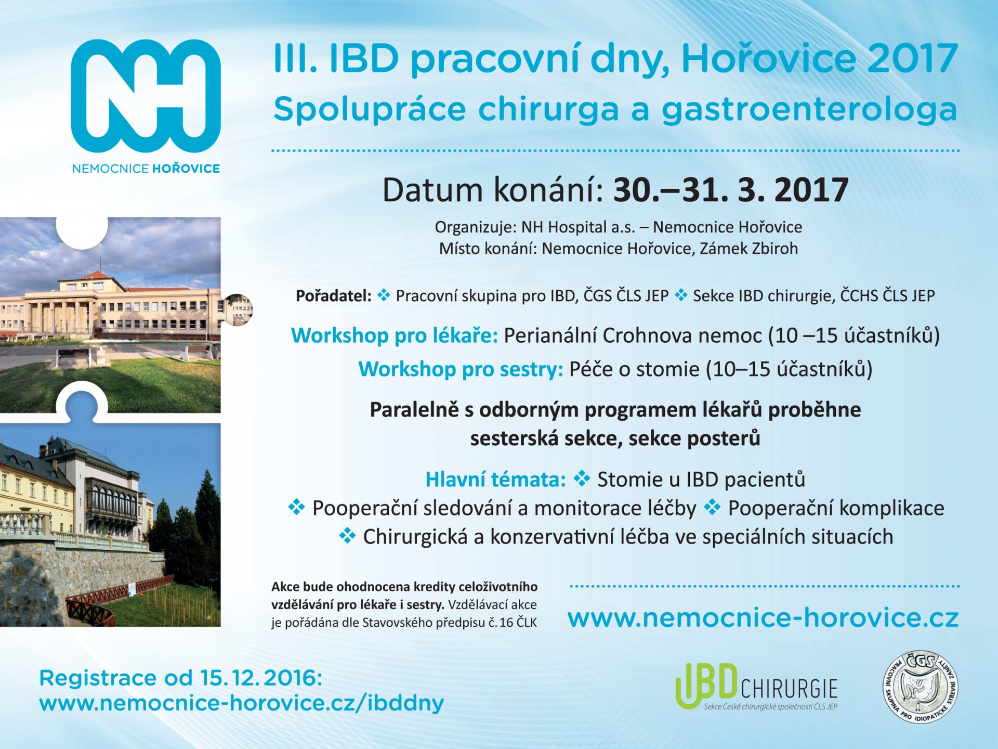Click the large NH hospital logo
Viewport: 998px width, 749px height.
point(146,96)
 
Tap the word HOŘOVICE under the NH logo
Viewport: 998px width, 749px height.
point(186,169)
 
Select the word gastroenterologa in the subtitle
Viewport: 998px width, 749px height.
point(809,110)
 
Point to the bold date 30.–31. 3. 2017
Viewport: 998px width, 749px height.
point(731,190)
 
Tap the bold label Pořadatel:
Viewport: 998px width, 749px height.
point(333,295)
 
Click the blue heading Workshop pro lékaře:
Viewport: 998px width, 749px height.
point(395,335)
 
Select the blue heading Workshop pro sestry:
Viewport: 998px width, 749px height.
point(461,369)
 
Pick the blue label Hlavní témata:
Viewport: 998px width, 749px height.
point(495,479)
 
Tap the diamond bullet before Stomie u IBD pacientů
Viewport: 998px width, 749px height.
point(582,479)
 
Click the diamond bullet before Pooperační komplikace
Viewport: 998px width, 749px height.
point(712,507)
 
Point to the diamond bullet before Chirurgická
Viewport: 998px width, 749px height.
point(347,536)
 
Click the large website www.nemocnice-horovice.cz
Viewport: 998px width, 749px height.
point(763,618)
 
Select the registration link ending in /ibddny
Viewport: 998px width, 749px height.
point(242,703)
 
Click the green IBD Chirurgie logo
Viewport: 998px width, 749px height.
point(756,687)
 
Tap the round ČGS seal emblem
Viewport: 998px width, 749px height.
point(921,687)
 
